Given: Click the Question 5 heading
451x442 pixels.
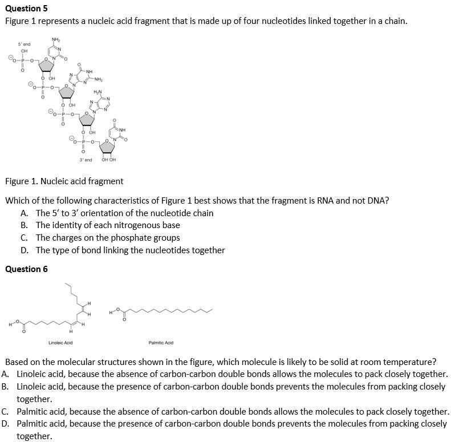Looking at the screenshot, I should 26,8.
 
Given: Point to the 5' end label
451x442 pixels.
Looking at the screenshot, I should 24,44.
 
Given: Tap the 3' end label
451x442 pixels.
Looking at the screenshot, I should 86,160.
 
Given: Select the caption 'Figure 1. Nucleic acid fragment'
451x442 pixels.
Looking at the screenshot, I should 64,181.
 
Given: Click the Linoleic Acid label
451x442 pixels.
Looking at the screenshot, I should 60,343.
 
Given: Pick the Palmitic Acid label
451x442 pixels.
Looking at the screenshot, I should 161,343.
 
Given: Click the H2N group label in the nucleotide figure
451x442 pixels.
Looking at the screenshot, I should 97,92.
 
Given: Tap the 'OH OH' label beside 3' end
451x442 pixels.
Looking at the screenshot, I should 108,160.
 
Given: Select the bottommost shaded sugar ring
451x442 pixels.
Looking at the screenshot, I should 108,147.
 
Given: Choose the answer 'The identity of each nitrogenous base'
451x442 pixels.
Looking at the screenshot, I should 108,225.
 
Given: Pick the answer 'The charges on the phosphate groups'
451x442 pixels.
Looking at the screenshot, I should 108,238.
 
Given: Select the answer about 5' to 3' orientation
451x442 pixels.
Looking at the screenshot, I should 124,213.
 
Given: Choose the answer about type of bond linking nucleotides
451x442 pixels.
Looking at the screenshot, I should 130,250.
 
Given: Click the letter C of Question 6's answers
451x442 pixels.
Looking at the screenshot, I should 5,412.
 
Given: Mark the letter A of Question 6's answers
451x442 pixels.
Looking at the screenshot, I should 5,374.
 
